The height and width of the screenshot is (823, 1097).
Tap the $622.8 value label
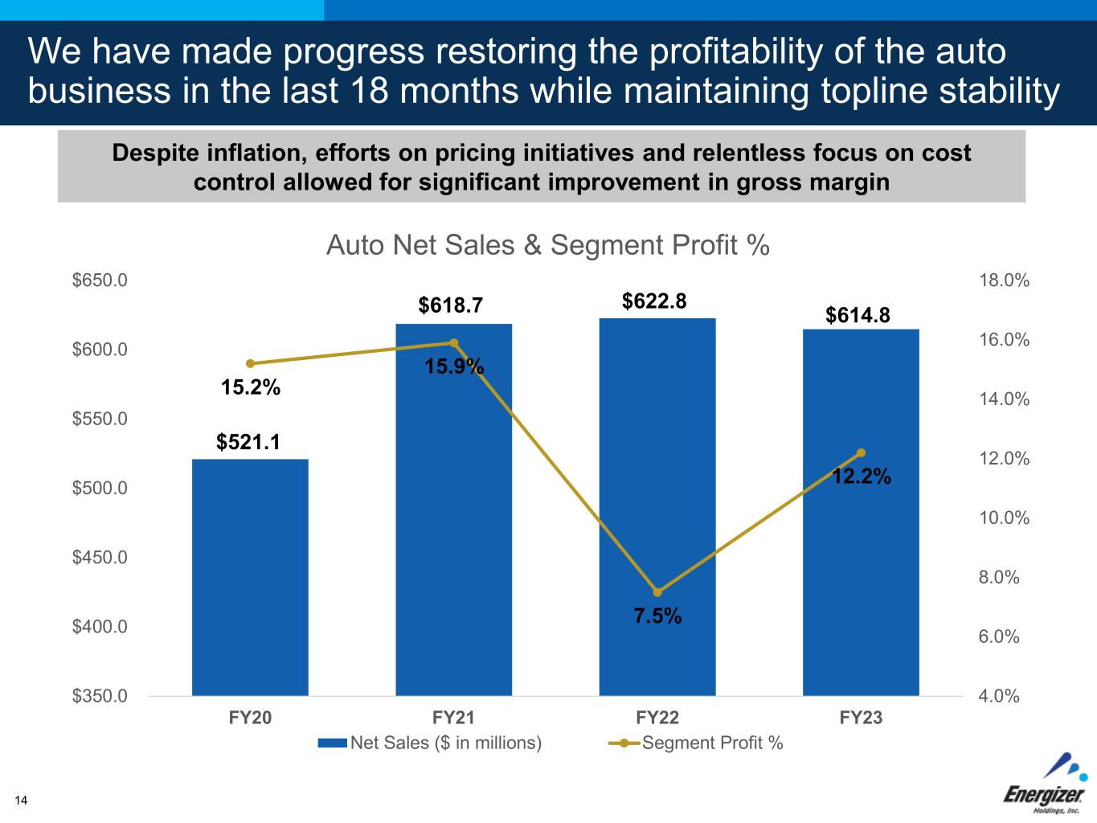(x=654, y=301)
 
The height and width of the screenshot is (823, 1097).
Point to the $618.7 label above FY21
(x=451, y=305)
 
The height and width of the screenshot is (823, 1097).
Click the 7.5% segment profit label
(x=657, y=616)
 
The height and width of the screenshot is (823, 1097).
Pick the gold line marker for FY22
(x=657, y=592)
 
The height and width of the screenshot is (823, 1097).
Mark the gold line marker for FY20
(x=250, y=363)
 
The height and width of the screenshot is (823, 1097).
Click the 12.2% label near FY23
(x=861, y=477)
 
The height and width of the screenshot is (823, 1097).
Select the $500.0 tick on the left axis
(x=100, y=488)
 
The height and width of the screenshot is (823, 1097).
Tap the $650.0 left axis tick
(x=100, y=280)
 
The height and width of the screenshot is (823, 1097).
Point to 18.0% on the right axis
(x=1004, y=280)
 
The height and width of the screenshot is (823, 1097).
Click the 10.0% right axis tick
(x=1004, y=518)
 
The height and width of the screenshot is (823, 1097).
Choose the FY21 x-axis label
(x=453, y=718)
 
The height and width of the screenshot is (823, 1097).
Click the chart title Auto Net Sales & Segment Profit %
(x=548, y=245)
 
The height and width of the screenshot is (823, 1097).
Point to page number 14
(x=20, y=800)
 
